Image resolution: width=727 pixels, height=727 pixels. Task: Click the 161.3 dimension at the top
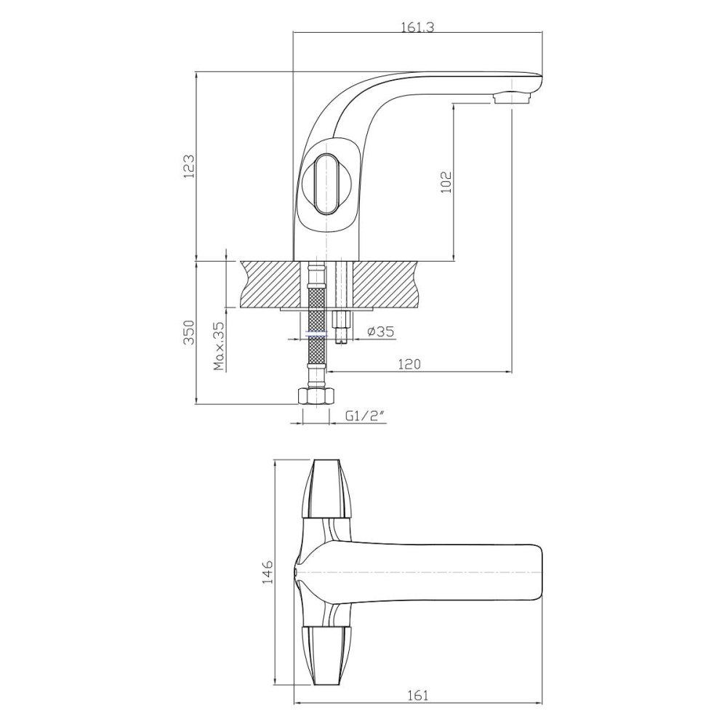[x=417, y=28]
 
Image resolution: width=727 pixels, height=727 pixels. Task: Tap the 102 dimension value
[x=446, y=182]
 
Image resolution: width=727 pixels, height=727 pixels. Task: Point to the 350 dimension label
[x=190, y=332]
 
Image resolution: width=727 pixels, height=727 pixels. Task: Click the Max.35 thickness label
[x=219, y=346]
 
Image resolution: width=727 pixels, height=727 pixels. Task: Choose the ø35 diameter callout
[x=380, y=332]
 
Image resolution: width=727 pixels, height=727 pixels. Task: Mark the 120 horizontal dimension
[x=410, y=364]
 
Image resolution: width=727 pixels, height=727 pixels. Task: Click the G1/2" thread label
[x=366, y=417]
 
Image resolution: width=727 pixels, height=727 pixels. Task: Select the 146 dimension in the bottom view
[x=268, y=571]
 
